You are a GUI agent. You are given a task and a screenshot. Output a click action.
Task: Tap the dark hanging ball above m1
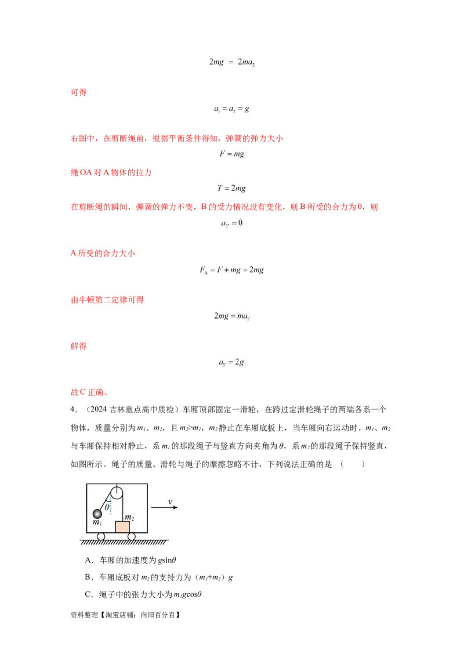(97, 514)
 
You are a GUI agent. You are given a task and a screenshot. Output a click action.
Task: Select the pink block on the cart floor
(122, 527)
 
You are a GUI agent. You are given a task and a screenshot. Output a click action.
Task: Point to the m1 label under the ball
(97, 522)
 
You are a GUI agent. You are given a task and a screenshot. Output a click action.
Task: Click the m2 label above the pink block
(129, 517)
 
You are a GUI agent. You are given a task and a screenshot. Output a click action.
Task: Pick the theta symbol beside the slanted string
(107, 507)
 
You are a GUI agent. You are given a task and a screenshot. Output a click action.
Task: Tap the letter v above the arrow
(171, 501)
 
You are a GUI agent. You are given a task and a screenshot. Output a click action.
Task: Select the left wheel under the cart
(101, 536)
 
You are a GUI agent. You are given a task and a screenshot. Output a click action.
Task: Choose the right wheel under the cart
(132, 536)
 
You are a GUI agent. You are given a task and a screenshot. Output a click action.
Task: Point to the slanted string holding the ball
(106, 502)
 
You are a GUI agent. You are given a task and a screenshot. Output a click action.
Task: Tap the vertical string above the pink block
(122, 511)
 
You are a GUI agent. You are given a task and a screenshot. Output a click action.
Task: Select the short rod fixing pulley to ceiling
(117, 486)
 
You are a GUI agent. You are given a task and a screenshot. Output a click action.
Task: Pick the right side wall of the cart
(147, 508)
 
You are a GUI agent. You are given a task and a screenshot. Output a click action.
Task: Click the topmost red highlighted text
(78, 92)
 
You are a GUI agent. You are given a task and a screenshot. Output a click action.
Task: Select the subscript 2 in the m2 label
(132, 519)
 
